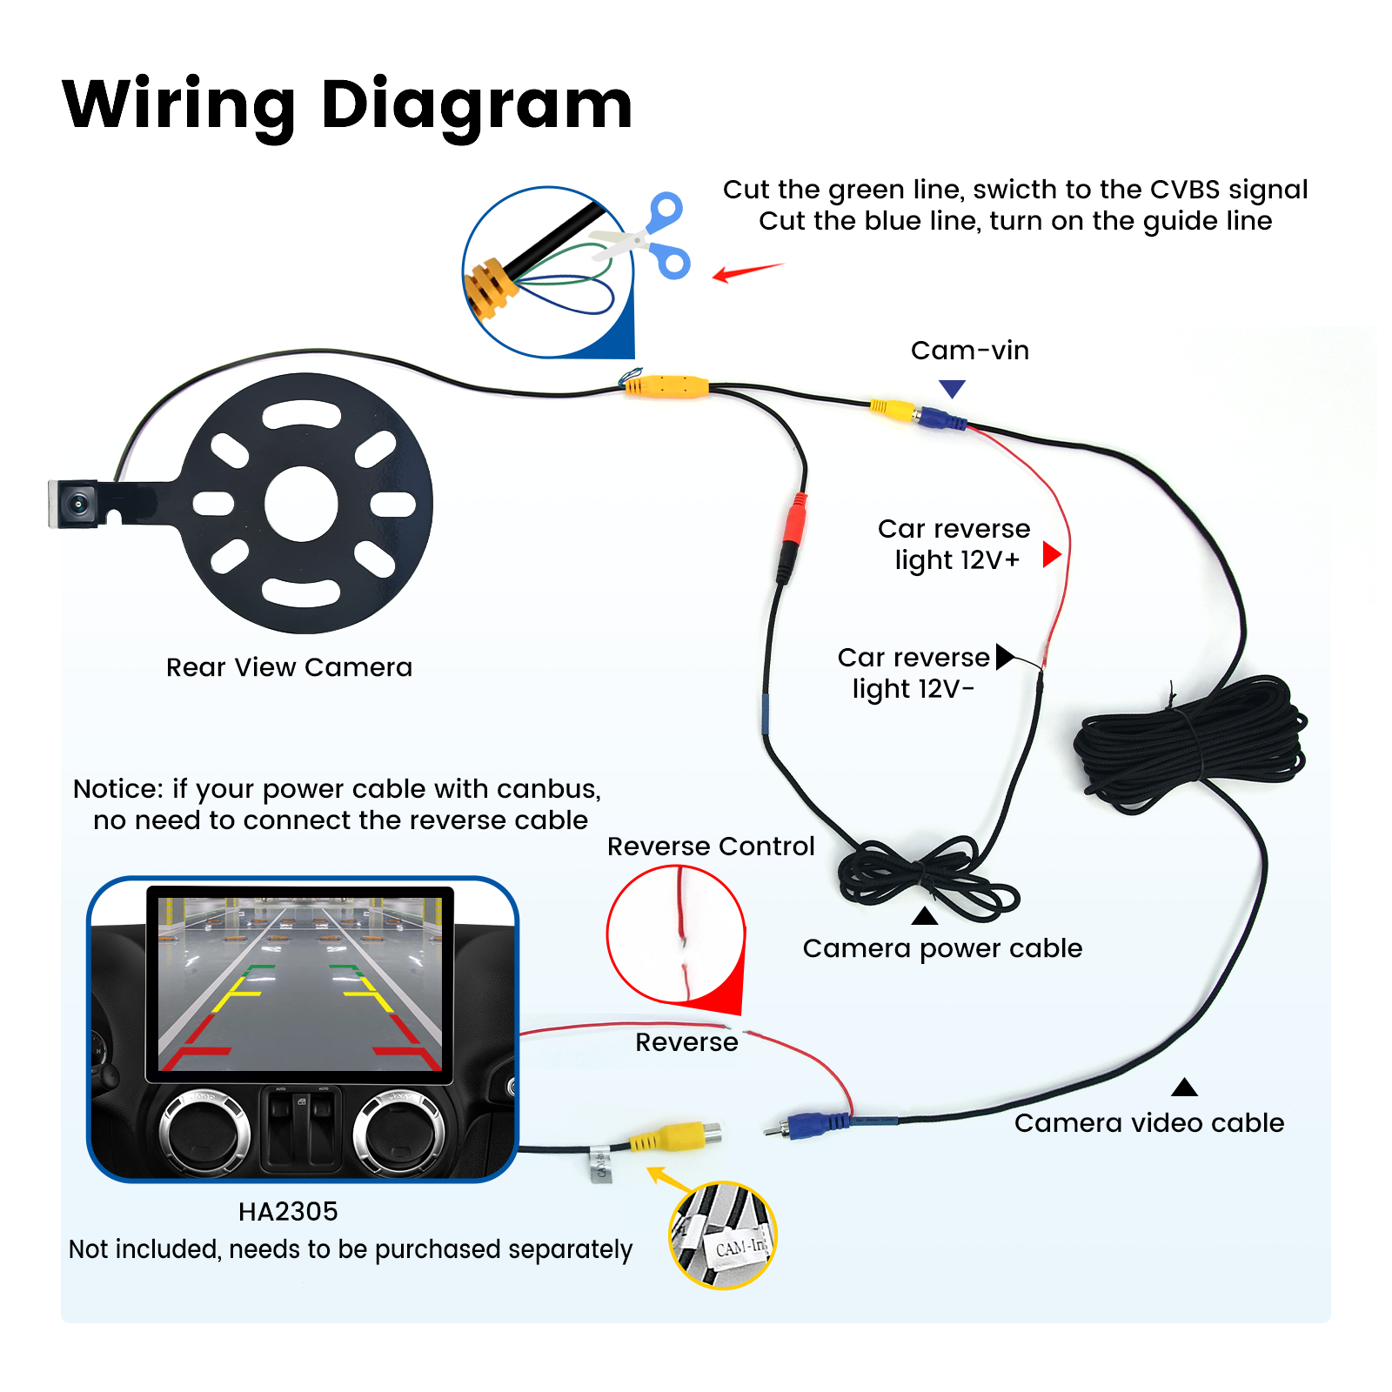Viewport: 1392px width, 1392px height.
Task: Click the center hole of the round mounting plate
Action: [x=301, y=504]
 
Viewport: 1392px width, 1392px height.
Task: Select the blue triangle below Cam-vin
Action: [x=953, y=388]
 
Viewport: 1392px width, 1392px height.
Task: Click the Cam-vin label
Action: [x=969, y=351]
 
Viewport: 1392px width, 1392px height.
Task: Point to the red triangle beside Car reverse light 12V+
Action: [x=1051, y=554]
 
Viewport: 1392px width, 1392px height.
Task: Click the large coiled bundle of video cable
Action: [x=1192, y=744]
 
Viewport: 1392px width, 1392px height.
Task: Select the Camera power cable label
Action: [x=942, y=948]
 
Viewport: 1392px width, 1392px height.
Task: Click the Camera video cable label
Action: [x=1148, y=1123]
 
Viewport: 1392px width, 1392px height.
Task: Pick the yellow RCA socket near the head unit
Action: [x=679, y=1134]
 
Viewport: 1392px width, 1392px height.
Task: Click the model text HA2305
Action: [x=288, y=1211]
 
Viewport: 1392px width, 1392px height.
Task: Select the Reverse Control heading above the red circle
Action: [x=710, y=847]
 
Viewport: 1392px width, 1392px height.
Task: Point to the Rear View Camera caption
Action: [x=289, y=667]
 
